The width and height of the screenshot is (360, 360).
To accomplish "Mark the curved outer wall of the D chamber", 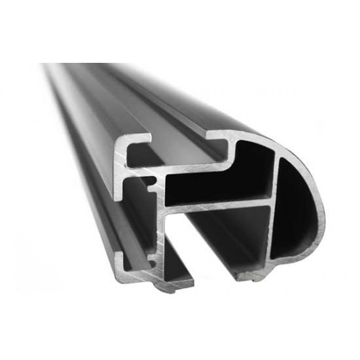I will [x=323, y=203].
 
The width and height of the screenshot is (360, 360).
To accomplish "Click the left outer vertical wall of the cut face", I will [x=118, y=196].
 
